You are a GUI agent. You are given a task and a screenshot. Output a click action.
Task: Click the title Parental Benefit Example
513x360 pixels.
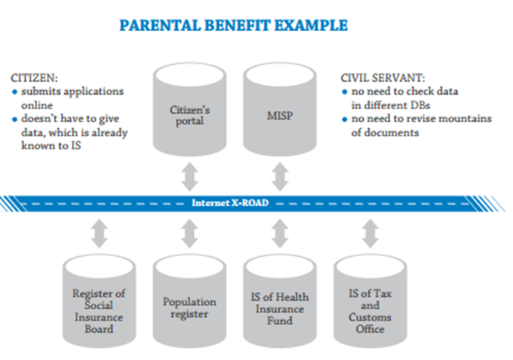click(x=233, y=26)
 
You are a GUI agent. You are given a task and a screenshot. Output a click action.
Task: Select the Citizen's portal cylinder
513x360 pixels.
click(x=189, y=110)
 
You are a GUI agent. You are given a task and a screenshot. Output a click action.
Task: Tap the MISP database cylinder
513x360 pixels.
click(x=280, y=110)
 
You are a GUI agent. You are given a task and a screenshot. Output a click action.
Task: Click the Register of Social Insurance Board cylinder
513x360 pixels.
click(x=99, y=301)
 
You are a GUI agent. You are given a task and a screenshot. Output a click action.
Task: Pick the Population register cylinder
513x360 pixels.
click(x=189, y=301)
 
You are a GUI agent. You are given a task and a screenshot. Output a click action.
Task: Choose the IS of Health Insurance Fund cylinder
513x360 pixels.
click(x=280, y=301)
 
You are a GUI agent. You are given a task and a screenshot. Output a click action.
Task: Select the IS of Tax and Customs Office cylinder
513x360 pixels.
click(x=370, y=301)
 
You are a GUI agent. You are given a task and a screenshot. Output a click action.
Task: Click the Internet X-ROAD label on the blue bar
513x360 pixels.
click(x=230, y=203)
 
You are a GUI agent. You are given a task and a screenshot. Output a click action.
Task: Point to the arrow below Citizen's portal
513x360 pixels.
click(x=189, y=177)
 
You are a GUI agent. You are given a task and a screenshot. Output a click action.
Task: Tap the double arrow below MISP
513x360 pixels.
click(x=280, y=177)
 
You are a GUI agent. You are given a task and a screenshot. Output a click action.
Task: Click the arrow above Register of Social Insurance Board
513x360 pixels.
click(x=99, y=233)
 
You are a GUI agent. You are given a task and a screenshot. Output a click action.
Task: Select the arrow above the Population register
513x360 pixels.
click(x=189, y=233)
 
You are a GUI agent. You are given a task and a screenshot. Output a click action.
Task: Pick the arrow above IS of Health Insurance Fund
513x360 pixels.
click(x=280, y=233)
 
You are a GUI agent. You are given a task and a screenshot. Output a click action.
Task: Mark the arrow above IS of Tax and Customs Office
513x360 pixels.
click(x=371, y=233)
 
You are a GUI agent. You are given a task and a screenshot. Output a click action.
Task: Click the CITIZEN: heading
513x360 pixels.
click(x=34, y=78)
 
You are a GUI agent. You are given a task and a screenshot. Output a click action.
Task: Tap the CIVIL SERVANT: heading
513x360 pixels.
click(x=383, y=78)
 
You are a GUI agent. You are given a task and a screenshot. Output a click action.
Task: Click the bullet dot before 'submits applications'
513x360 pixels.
click(x=14, y=92)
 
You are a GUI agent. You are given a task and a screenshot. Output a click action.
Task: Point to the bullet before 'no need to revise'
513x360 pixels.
click(x=345, y=120)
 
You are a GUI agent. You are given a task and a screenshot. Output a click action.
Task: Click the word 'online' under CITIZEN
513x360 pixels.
click(x=37, y=105)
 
